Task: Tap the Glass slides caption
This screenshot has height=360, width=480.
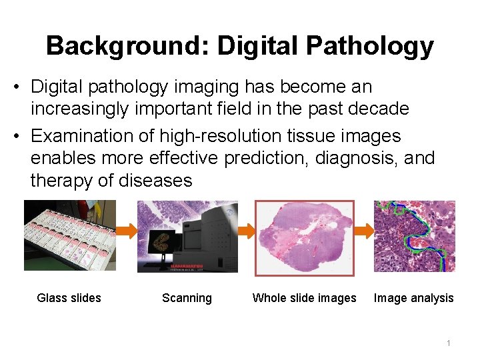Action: [x=69, y=298]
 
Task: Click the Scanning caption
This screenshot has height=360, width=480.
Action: [x=187, y=298]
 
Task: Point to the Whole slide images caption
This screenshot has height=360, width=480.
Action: [x=304, y=298]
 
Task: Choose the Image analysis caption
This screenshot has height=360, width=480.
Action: [x=413, y=298]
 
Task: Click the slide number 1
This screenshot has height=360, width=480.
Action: [x=449, y=343]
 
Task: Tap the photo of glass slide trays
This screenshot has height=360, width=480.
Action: [x=69, y=235]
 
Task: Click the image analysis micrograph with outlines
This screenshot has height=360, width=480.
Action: [x=415, y=235]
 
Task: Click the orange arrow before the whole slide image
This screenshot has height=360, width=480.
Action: [x=247, y=231]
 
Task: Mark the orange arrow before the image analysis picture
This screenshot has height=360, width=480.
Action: [x=364, y=231]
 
